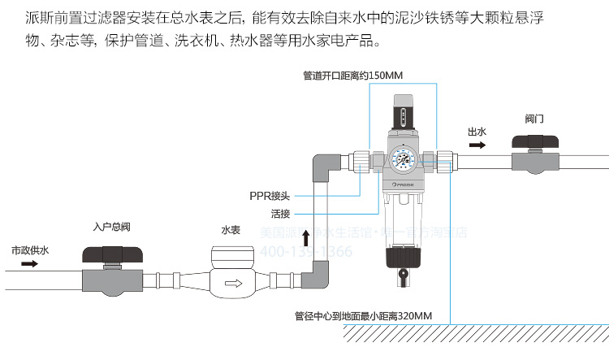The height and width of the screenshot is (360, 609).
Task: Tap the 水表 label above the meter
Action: click(x=231, y=229)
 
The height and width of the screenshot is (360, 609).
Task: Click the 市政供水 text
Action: click(x=30, y=250)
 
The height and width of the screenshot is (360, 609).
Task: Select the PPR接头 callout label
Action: click(x=269, y=195)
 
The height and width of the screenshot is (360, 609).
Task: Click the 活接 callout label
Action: click(x=281, y=214)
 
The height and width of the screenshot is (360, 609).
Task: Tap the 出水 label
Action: click(x=477, y=132)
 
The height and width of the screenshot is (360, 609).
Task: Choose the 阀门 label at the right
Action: click(x=534, y=119)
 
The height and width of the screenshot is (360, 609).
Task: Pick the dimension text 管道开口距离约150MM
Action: click(x=353, y=76)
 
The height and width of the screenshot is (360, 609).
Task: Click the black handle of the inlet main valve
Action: click(x=113, y=254)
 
